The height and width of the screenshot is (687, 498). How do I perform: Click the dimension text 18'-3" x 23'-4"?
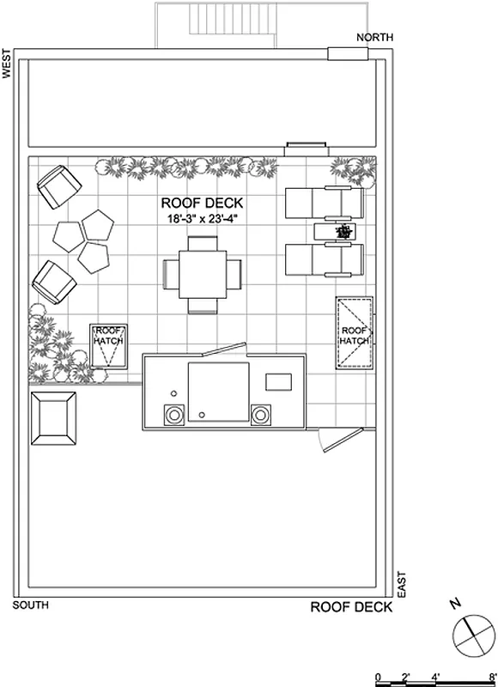pos(203,219)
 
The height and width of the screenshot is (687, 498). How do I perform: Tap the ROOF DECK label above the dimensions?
pos(203,204)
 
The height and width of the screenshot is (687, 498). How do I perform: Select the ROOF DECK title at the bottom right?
pos(351,607)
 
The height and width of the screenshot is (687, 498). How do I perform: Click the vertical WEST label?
pos(7,64)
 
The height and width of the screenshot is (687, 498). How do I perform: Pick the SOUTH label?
pos(31,606)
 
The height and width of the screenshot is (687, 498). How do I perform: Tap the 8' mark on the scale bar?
pos(492,677)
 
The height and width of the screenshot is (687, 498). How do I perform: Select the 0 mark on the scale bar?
pos(379,677)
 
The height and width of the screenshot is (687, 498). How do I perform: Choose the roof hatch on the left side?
pos(109,345)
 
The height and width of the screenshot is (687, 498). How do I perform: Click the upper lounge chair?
pos(324,204)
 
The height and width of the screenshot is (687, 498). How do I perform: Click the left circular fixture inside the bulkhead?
pos(175,415)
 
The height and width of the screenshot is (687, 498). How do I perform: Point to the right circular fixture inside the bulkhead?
pos(260,415)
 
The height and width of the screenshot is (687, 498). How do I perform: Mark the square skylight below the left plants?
pos(52,417)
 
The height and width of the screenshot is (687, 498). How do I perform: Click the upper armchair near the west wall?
pos(58,186)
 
